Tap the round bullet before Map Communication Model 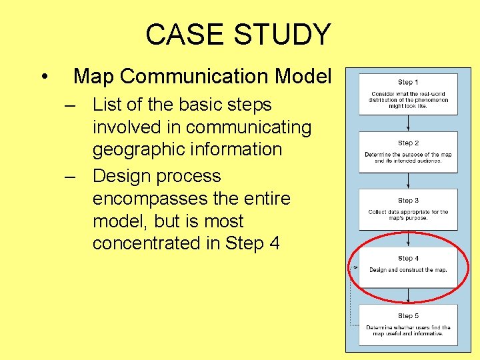[43, 77]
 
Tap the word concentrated [147, 243]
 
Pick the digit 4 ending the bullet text [274, 243]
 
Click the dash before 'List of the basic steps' [70, 105]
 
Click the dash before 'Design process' [70, 177]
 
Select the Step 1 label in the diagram [408, 82]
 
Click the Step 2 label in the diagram [408, 143]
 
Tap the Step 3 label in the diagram [408, 201]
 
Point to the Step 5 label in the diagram [408, 315]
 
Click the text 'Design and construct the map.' [408, 270]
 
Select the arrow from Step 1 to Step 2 [408, 123]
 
